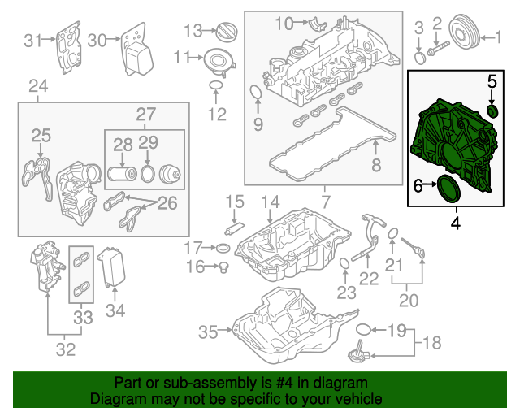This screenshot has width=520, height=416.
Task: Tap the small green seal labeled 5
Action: click(x=492, y=110)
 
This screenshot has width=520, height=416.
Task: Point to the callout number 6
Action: click(x=418, y=187)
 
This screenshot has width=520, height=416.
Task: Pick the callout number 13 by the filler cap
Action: click(x=192, y=31)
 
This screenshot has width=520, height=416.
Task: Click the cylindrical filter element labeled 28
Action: click(x=123, y=174)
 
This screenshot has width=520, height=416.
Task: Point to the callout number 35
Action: click(x=209, y=331)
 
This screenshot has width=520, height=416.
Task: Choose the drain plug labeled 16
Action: click(x=221, y=266)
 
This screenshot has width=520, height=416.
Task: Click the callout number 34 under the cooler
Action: click(x=116, y=310)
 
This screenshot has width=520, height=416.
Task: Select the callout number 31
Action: click(x=32, y=40)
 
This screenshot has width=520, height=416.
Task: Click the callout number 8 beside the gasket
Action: click(x=375, y=167)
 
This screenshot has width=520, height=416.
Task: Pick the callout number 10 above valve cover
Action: click(x=283, y=24)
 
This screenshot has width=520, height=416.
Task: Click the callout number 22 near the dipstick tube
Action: click(x=370, y=279)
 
